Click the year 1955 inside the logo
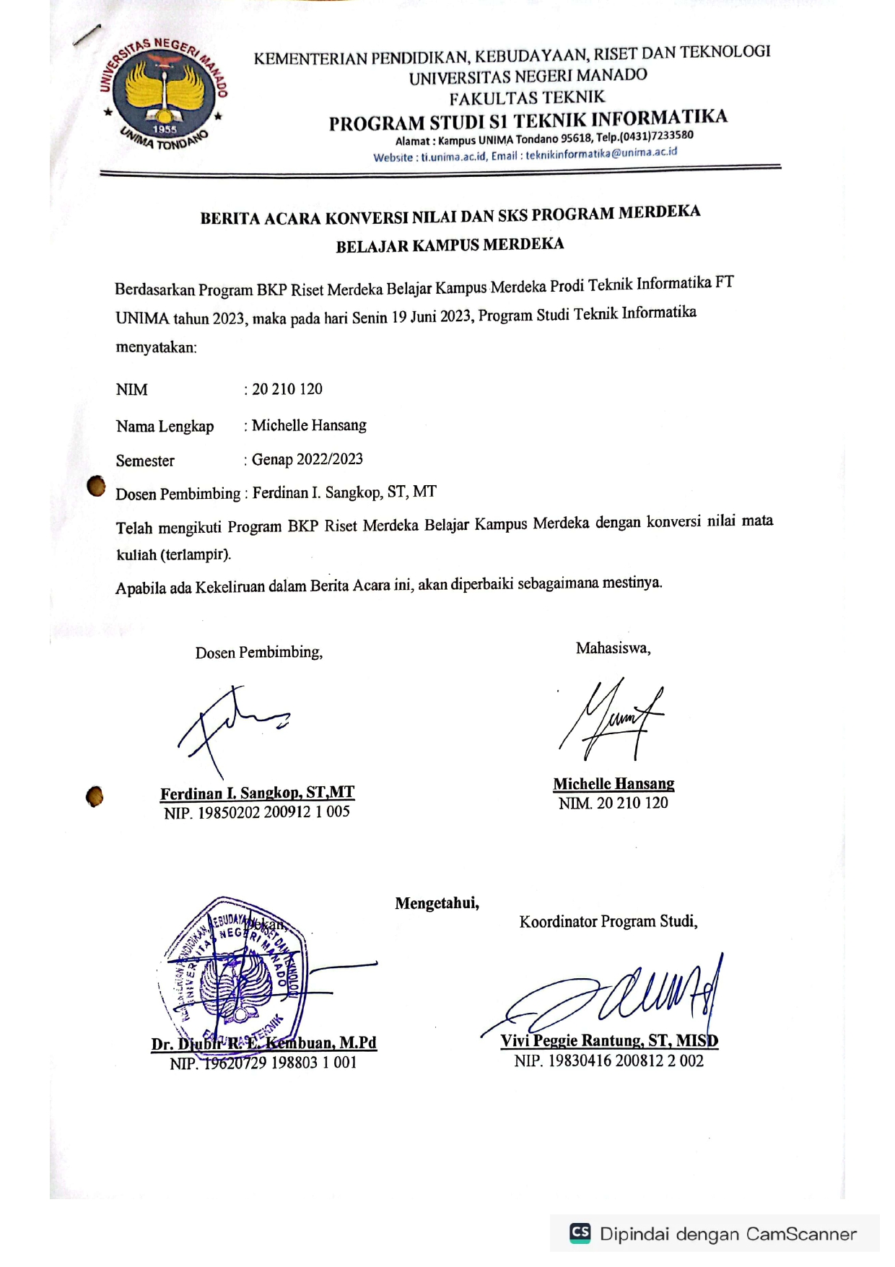click(165, 129)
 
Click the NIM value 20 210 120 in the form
click(287, 389)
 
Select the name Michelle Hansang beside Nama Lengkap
click(309, 425)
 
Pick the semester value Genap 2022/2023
click(307, 459)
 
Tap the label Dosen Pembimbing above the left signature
click(258, 653)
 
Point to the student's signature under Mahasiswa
click(612, 718)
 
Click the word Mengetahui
click(437, 903)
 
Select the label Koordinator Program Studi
click(608, 922)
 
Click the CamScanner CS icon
click(580, 1232)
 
